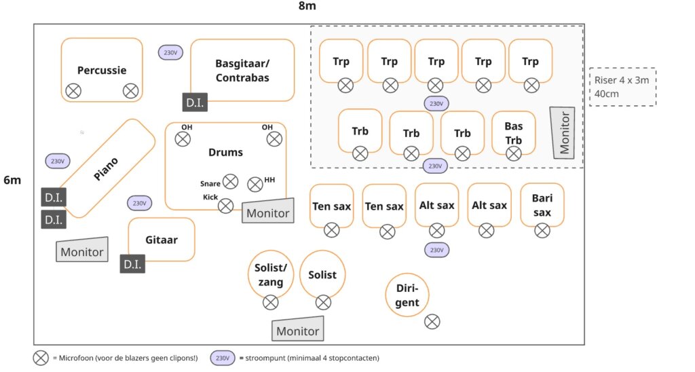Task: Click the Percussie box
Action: pos(102,70)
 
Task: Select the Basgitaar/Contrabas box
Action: pos(242,71)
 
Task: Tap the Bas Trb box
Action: pos(514,133)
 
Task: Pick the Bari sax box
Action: pos(542,206)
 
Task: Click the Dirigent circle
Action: pos(407,295)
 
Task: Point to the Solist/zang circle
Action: pos(270,275)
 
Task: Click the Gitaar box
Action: pos(162,240)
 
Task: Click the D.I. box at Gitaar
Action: pos(132,264)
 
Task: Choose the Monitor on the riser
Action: pos(564,132)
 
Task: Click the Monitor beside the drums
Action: pos(268,211)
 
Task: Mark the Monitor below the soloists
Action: pos(298,329)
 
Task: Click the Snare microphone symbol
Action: pos(231,181)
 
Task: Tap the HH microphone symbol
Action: pos(255,184)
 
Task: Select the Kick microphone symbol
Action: pos(226,206)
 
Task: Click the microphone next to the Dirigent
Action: pos(432,322)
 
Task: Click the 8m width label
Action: pos(307,6)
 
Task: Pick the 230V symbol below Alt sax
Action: pos(435,250)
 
